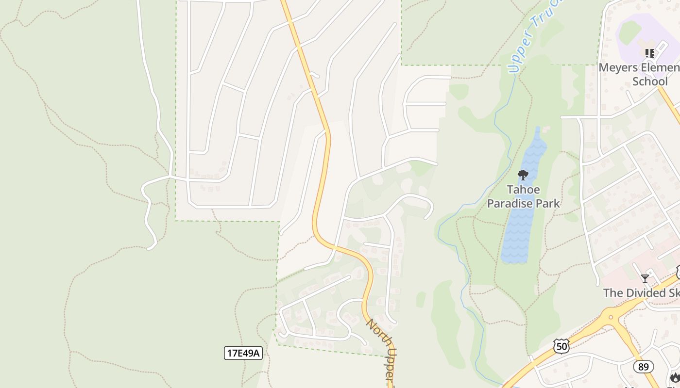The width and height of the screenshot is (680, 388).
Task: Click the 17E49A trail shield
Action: [x=243, y=353]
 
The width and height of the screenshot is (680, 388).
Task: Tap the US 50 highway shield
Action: [x=561, y=346]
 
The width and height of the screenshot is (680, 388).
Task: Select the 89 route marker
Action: [x=643, y=367]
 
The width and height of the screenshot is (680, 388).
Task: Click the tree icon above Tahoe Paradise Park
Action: [x=523, y=175]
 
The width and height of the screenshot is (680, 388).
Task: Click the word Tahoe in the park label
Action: [x=523, y=190]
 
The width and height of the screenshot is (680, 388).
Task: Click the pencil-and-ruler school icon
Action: [x=649, y=53]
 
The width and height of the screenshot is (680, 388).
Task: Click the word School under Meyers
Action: [x=650, y=81]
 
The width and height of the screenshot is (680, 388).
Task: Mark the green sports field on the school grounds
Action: [x=630, y=32]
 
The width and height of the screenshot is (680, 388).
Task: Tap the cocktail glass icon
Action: [x=645, y=278]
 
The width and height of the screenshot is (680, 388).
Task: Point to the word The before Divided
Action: [x=612, y=293]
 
